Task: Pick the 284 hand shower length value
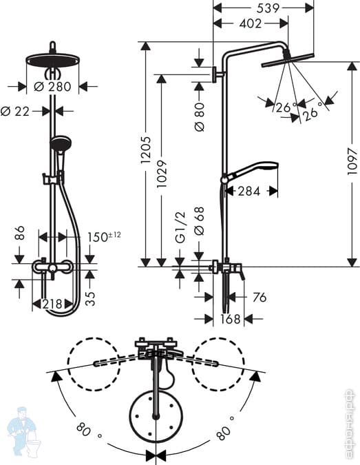pyautogui.click(x=249, y=192)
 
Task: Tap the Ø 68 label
pyautogui.click(x=200, y=223)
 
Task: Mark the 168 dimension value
pyautogui.click(x=220, y=319)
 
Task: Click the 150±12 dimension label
pyautogui.click(x=105, y=237)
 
